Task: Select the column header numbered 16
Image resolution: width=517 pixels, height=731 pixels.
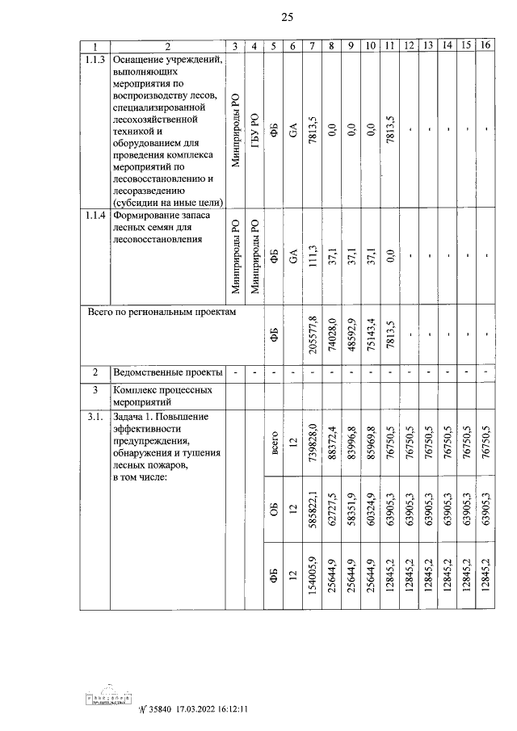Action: point(485,46)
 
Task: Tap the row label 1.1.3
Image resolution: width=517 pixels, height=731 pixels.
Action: point(95,60)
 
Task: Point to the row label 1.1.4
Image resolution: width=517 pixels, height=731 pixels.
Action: point(95,216)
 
